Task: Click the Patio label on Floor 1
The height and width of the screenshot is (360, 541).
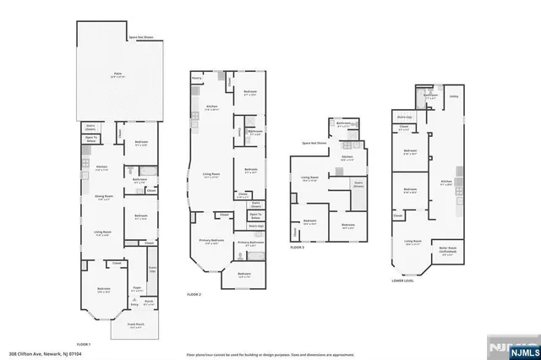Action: (118, 75)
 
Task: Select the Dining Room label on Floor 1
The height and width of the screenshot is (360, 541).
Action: (104, 196)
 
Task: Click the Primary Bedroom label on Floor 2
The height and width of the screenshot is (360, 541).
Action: (211, 242)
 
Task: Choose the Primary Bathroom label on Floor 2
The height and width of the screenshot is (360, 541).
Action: (249, 243)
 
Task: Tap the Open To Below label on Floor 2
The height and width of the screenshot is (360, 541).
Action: (256, 216)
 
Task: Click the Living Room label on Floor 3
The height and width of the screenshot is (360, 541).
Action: (309, 178)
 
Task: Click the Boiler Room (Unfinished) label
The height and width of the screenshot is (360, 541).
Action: (448, 249)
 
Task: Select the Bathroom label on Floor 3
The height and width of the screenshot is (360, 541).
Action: (344, 123)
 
